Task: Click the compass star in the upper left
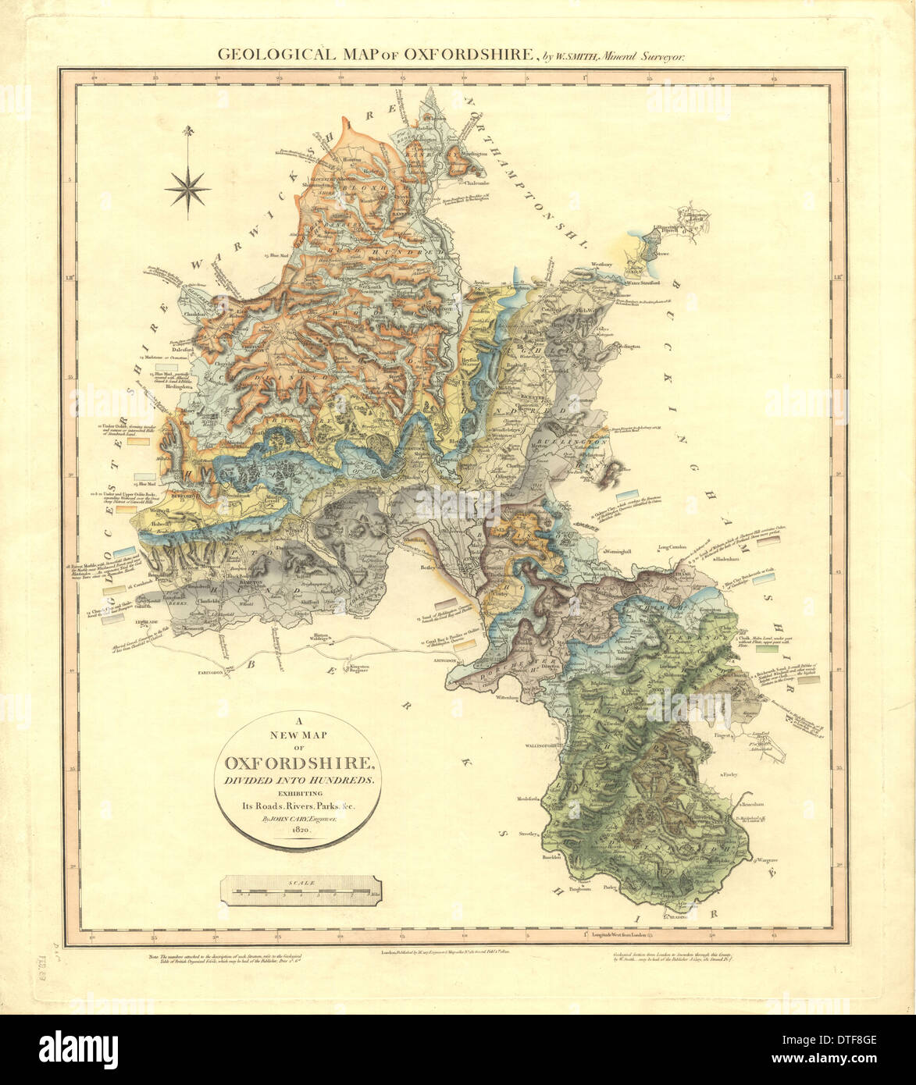coord(187,187)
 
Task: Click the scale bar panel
coord(302,891)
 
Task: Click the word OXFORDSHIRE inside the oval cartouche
coord(302,763)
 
